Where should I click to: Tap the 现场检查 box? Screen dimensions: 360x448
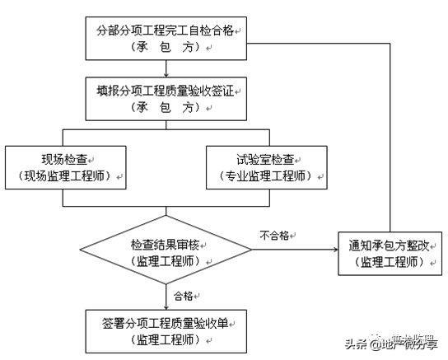click(65, 166)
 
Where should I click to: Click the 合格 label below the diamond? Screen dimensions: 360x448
click(183, 295)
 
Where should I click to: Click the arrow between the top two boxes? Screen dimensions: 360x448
click(166, 68)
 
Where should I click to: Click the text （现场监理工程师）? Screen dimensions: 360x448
click(65, 175)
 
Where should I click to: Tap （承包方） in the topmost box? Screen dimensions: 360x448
click(166, 48)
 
